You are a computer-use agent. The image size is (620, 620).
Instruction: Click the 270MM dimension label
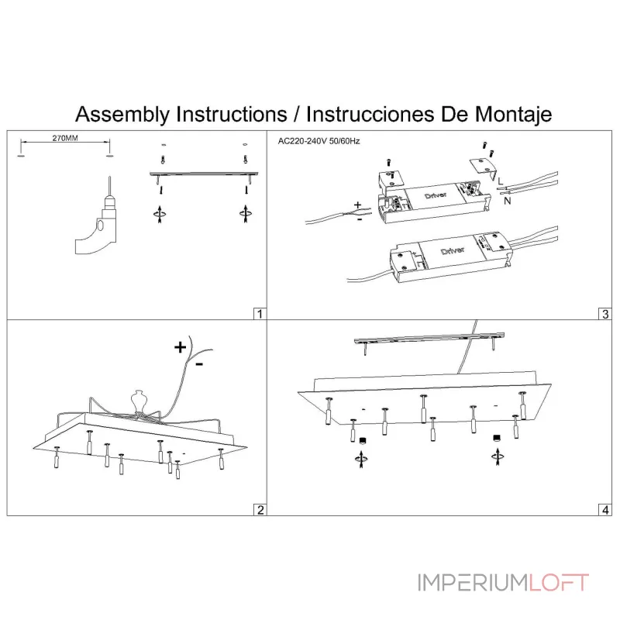(x=65, y=138)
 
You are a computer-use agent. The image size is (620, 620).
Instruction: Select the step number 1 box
(x=260, y=314)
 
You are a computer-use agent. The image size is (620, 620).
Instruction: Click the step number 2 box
(x=260, y=510)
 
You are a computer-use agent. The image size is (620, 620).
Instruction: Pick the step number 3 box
(x=605, y=314)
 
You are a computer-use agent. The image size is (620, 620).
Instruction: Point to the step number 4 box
(x=605, y=510)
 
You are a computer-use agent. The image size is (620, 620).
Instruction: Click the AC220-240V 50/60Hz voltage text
(x=319, y=141)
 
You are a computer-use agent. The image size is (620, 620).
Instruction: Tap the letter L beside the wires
(x=500, y=181)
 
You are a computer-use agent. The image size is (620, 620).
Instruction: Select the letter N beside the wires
(x=508, y=201)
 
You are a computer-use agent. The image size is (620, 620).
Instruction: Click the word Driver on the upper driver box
(x=436, y=195)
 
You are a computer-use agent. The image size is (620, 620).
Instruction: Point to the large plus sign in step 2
(x=181, y=347)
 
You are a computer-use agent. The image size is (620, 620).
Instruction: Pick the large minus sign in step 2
(x=199, y=364)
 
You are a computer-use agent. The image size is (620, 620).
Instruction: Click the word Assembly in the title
(x=122, y=114)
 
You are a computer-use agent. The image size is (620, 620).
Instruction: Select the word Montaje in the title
(x=513, y=114)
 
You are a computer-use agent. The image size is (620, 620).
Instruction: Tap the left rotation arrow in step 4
(x=361, y=459)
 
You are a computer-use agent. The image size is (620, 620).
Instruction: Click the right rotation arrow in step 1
(x=246, y=214)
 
